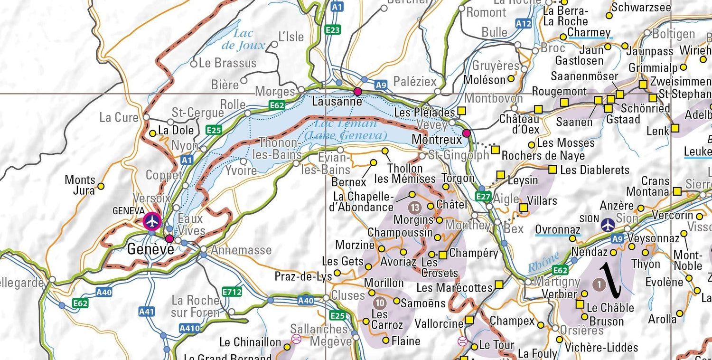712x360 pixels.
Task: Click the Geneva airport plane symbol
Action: pyautogui.click(x=152, y=221)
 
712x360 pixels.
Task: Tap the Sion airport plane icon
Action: pyautogui.click(x=608, y=225)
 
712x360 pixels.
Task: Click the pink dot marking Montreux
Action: pyautogui.click(x=467, y=133)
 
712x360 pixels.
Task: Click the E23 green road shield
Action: pyautogui.click(x=333, y=30)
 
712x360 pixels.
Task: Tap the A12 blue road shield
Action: pyautogui.click(x=524, y=23)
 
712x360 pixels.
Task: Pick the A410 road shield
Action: pyautogui.click(x=189, y=328)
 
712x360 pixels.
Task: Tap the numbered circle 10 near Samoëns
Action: pyautogui.click(x=379, y=303)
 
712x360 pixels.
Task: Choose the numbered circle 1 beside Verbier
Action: pyautogui.click(x=600, y=284)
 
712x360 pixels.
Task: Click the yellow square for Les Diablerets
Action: pyautogui.click(x=553, y=169)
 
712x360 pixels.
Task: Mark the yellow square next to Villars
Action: pyautogui.click(x=523, y=208)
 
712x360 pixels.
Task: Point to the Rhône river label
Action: pyautogui.click(x=543, y=263)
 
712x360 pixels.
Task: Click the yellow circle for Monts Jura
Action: pyautogui.click(x=101, y=186)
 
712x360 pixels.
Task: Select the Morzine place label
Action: pyautogui.click(x=355, y=245)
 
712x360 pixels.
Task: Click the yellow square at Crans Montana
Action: pyautogui.click(x=677, y=191)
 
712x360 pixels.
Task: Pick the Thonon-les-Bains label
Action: pyautogui.click(x=277, y=149)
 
